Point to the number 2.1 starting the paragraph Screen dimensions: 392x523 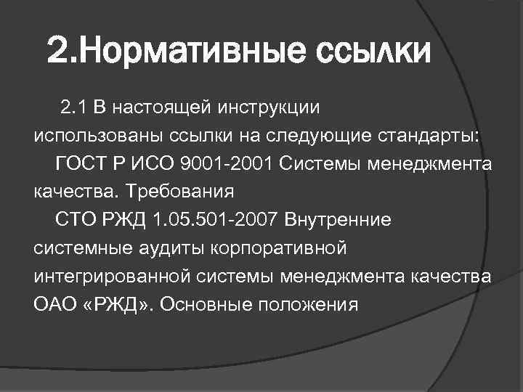(74, 108)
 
